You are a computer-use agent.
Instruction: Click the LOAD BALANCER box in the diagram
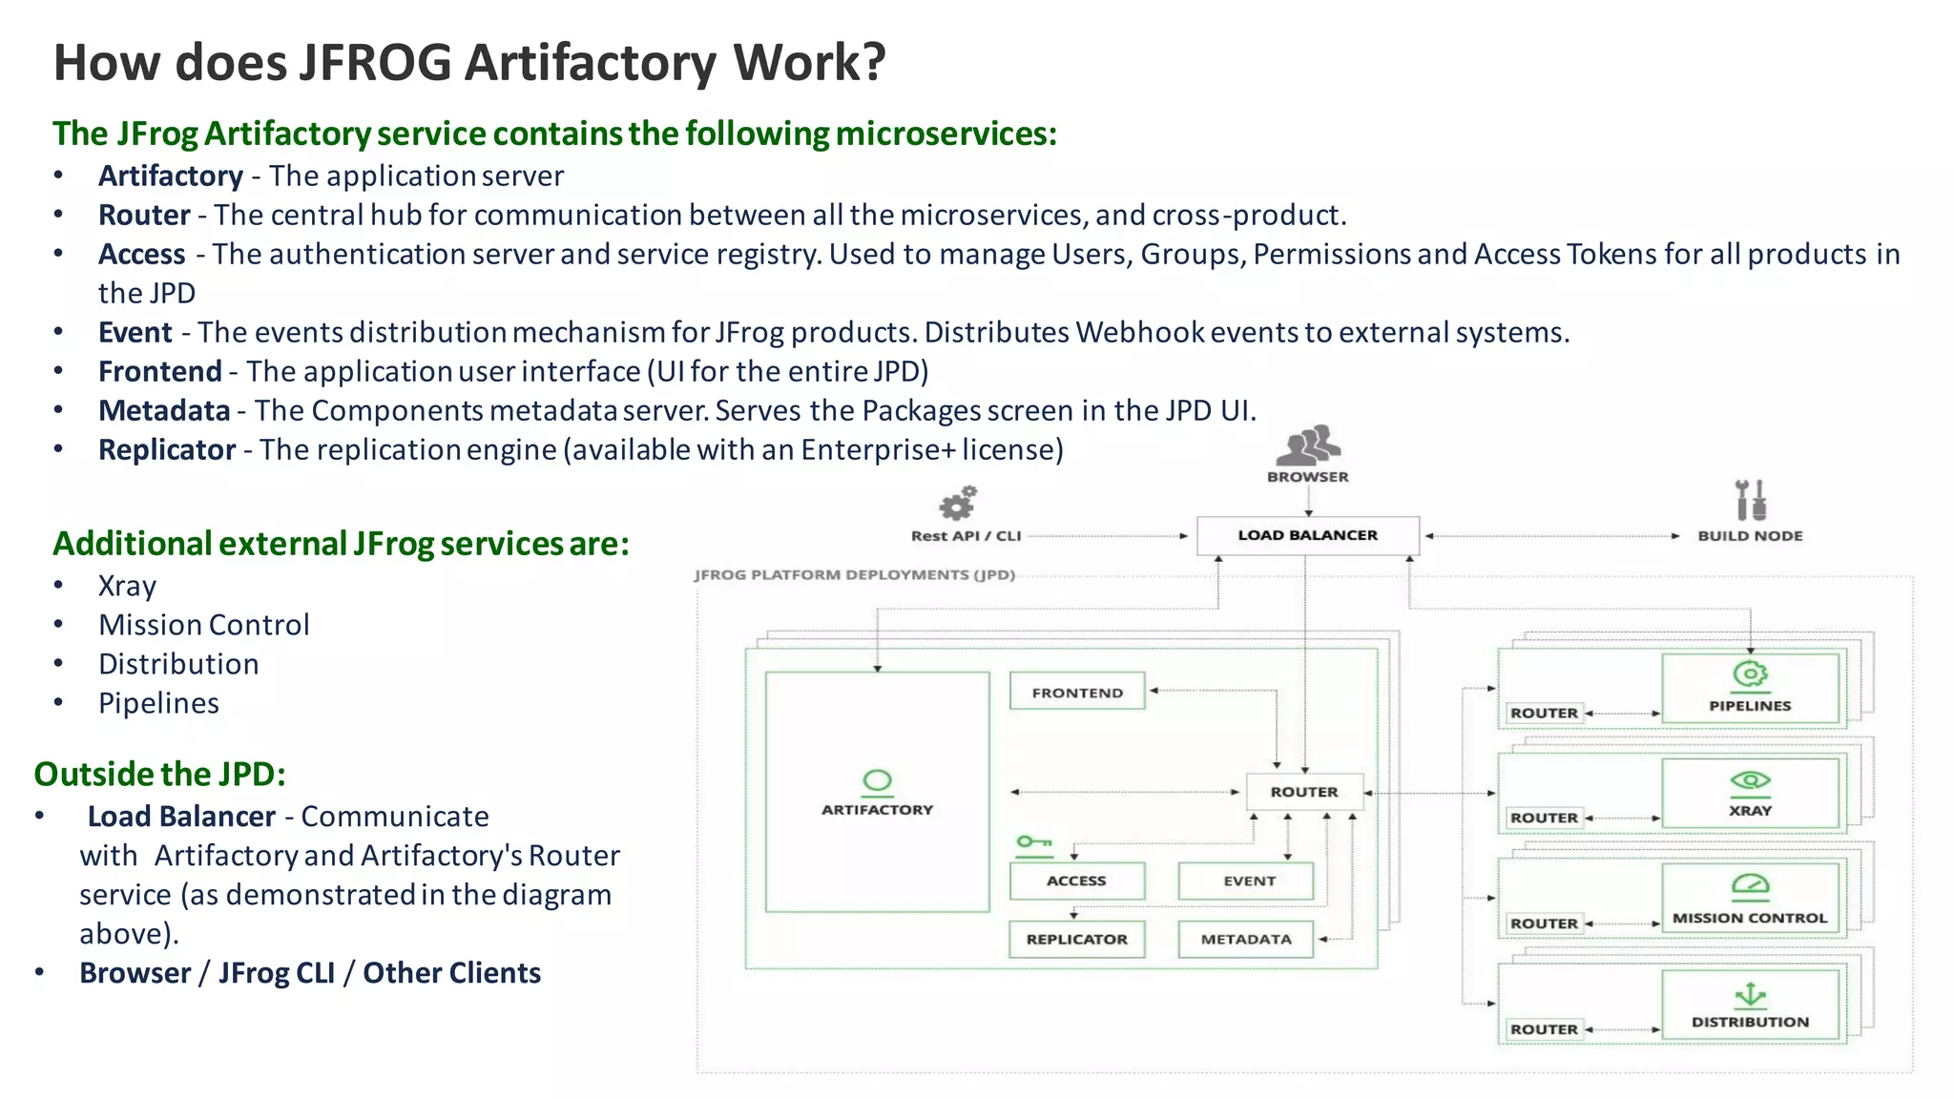click(1307, 535)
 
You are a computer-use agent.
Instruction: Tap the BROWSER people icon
click(1308, 446)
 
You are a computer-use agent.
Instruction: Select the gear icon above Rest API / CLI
click(958, 503)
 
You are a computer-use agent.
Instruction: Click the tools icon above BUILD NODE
click(1750, 500)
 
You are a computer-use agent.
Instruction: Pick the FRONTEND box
click(1077, 693)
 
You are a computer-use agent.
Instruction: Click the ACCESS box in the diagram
click(1076, 881)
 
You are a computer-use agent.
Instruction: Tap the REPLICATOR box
click(1076, 939)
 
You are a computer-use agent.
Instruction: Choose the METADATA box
click(1246, 939)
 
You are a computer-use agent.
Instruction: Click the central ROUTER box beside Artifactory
click(1304, 792)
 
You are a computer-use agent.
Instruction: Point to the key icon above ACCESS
click(1033, 842)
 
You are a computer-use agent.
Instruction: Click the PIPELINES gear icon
click(1750, 674)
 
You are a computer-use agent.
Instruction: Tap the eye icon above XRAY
click(1750, 780)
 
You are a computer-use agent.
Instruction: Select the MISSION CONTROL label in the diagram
click(1750, 918)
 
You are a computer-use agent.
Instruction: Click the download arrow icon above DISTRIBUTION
click(1750, 995)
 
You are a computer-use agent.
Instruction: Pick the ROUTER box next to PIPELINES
click(1544, 713)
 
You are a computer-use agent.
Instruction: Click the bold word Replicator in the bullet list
click(167, 449)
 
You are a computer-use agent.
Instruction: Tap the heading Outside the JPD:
click(159, 774)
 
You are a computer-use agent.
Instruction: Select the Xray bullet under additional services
click(127, 586)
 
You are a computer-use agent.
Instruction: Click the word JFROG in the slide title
click(375, 63)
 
